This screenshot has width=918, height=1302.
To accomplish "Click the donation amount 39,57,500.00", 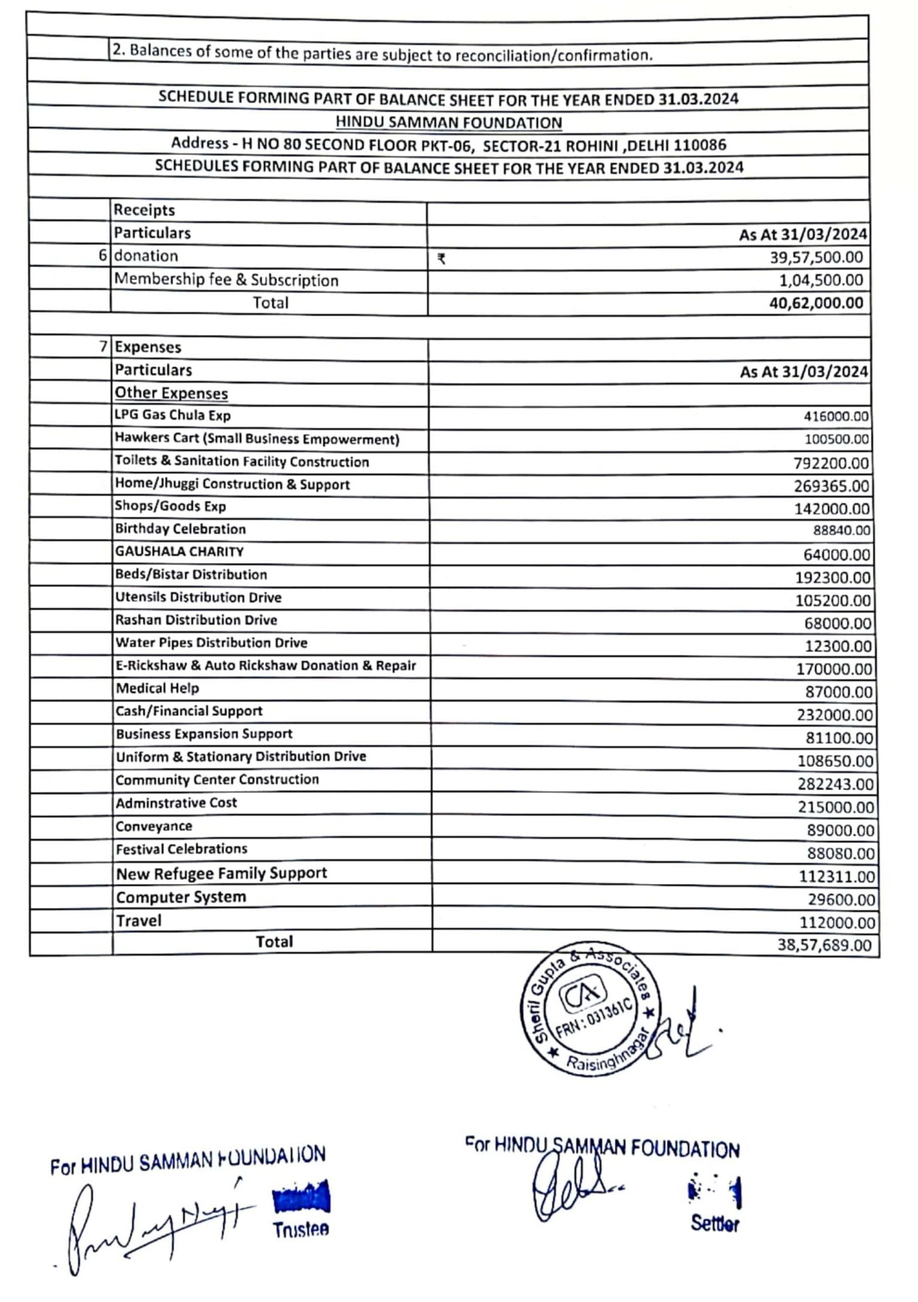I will (x=816, y=257).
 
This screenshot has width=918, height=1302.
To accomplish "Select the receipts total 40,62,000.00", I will (x=816, y=303).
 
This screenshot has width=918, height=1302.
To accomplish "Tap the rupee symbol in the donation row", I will (x=441, y=259).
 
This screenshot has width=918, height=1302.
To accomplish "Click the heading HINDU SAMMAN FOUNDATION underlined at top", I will (x=448, y=122).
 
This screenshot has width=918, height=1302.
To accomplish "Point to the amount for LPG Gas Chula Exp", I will (x=836, y=416).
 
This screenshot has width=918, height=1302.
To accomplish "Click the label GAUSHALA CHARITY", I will (x=179, y=552).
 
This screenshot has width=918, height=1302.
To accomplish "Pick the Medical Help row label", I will (x=157, y=688).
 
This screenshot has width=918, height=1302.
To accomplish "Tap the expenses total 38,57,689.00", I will (x=824, y=945).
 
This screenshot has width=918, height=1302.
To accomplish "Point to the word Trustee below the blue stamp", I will (x=301, y=1229).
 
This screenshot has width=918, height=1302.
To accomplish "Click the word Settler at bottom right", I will (x=715, y=1223).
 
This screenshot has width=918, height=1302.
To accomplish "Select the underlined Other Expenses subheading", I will (x=171, y=393).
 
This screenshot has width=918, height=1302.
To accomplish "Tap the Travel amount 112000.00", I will (x=837, y=923).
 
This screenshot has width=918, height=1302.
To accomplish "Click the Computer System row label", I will (x=180, y=897).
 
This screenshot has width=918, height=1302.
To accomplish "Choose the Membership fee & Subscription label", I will (x=226, y=280).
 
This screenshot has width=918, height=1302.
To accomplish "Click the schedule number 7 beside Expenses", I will (x=103, y=346).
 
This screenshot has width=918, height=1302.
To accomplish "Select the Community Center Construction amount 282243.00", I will (x=835, y=784).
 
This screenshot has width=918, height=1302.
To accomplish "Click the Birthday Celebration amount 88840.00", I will (x=841, y=530).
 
